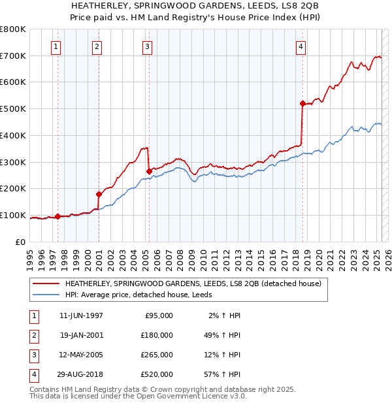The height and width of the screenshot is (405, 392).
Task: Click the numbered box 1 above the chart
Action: coord(56,46)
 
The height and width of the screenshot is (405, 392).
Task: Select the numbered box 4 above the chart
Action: coord(301,46)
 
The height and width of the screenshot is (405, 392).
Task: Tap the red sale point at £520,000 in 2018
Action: coord(302,103)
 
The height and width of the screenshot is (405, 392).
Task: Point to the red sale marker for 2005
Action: coord(149,172)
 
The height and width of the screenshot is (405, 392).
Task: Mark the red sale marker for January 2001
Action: coord(99,194)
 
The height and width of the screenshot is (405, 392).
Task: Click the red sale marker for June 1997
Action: coord(57,216)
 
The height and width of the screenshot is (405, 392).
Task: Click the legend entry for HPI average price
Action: coord(143,295)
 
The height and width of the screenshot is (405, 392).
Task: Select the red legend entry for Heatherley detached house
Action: coord(193,284)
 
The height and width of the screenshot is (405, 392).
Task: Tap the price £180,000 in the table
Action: coord(156,334)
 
